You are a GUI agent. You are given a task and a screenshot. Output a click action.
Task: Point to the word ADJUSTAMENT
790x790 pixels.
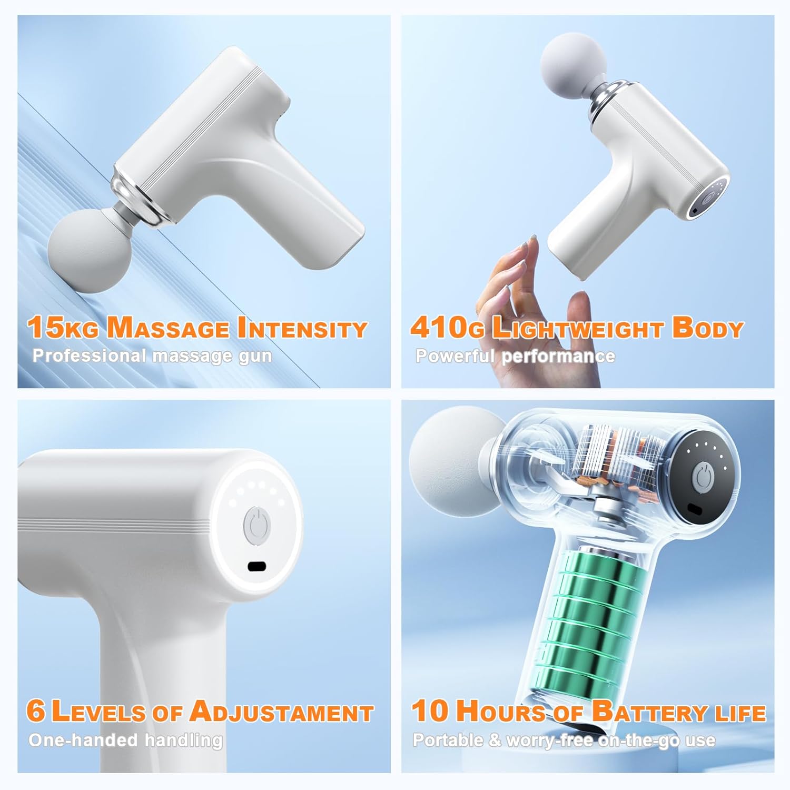(281, 712)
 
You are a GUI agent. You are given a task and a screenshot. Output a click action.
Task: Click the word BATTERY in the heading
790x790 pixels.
(649, 712)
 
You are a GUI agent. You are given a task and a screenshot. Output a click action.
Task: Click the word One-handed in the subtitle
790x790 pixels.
(84, 740)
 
